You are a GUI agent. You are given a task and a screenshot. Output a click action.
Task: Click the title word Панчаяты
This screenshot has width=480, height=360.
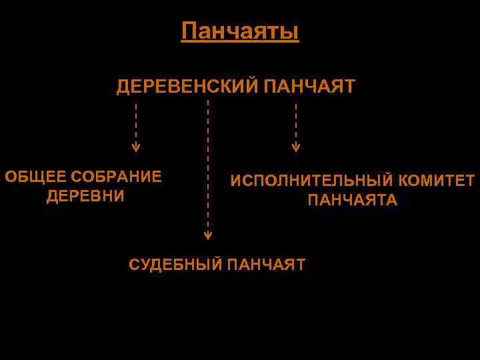point(240,31)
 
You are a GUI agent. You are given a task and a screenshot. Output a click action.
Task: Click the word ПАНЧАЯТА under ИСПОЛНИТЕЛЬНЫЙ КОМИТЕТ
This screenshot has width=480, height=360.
point(352,200)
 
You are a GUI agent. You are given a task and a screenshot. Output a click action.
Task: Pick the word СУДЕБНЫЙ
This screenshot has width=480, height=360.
point(175,265)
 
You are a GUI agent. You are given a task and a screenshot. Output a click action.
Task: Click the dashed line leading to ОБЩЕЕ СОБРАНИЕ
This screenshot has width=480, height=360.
point(136,123)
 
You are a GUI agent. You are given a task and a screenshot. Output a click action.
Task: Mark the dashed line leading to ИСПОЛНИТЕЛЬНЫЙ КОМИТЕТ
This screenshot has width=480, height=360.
point(296,123)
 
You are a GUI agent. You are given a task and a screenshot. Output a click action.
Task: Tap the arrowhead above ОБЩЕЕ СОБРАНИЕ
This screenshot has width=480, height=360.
point(136,147)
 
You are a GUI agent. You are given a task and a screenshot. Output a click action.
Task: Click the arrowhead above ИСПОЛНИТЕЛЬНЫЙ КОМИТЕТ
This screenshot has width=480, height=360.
point(296,147)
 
